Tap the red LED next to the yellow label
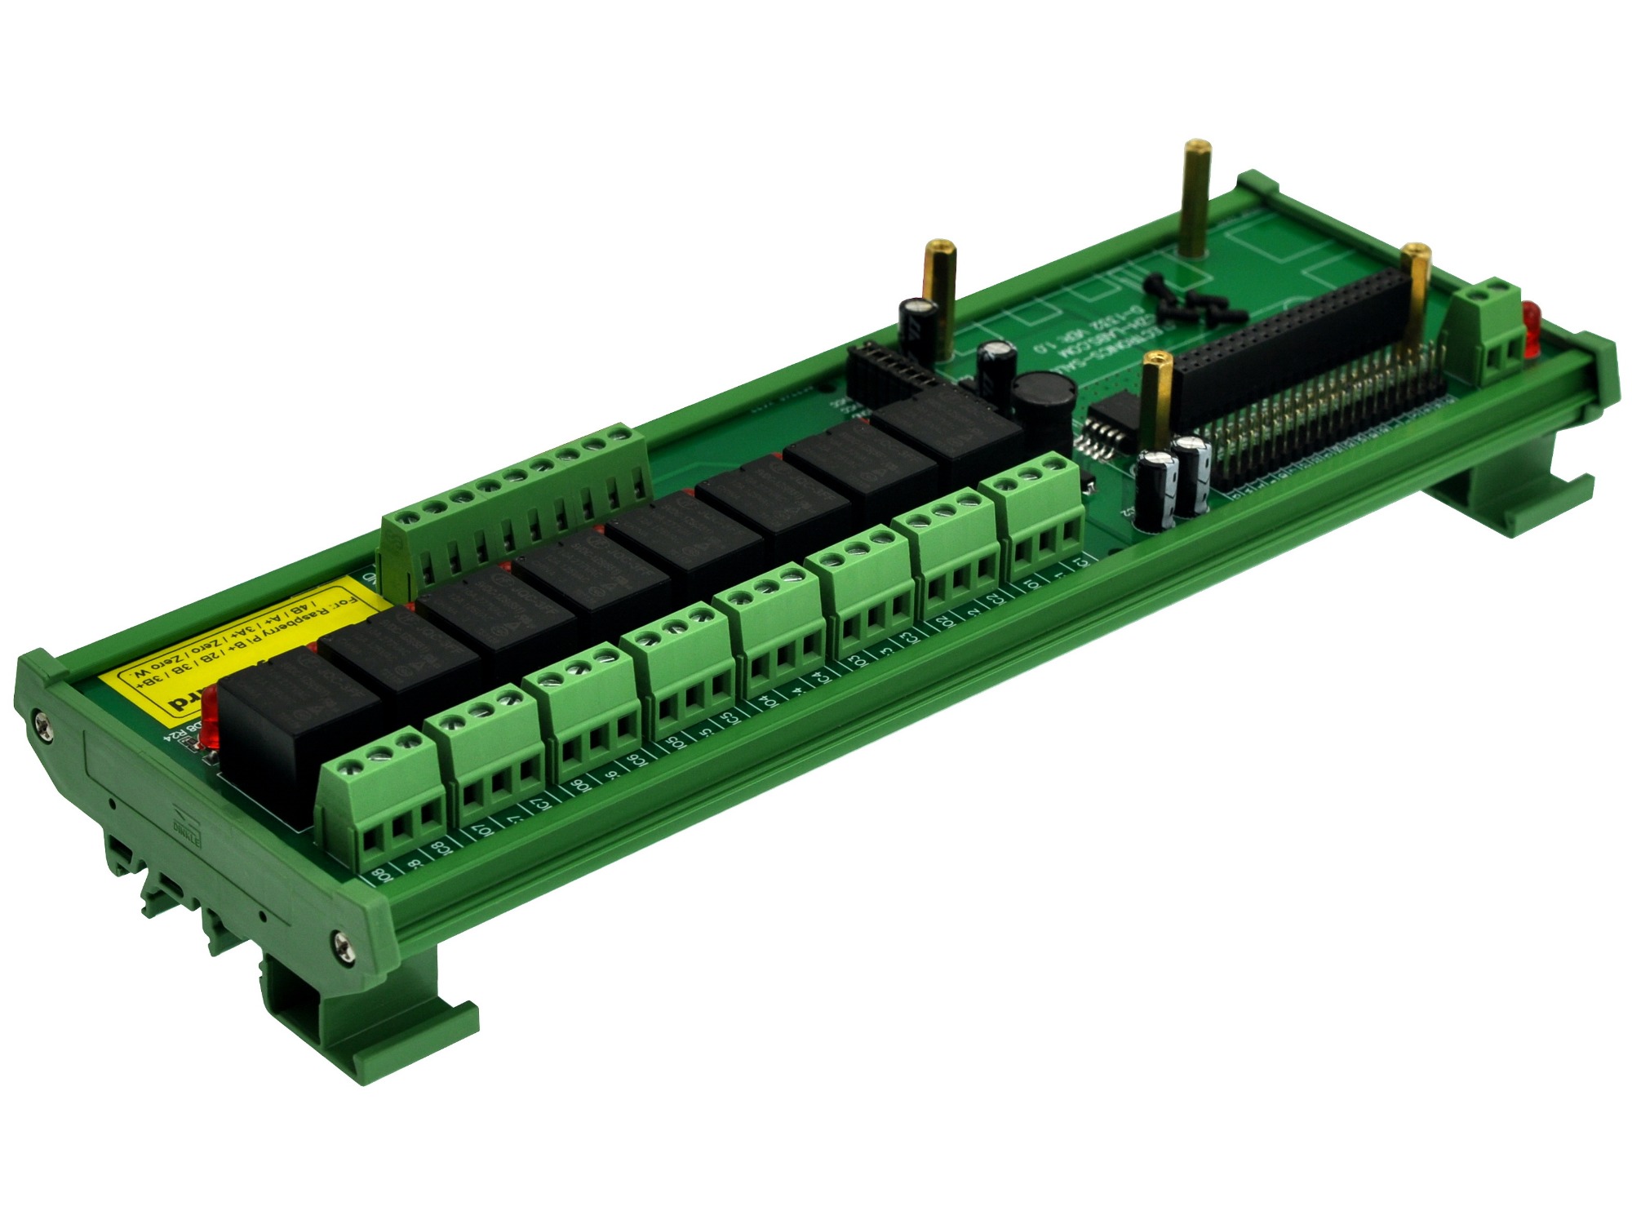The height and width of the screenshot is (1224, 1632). point(209,716)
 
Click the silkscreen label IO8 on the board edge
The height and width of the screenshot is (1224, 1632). point(383,876)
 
